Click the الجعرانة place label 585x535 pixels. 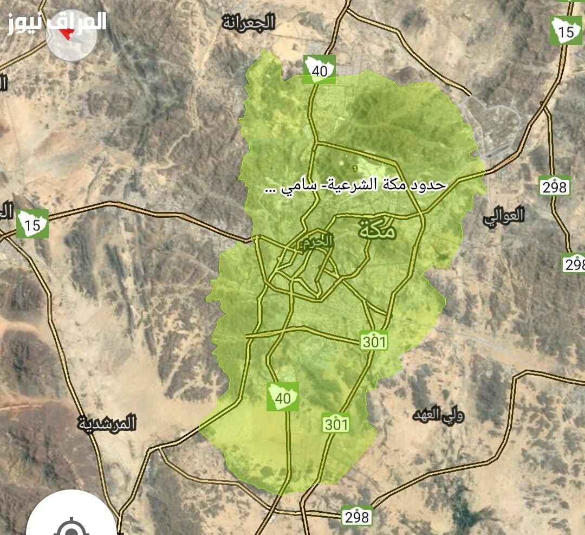point(249,22)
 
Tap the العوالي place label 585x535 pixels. point(504,215)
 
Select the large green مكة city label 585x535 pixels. point(377,230)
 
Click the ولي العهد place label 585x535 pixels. point(438,416)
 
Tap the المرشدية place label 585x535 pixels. point(107,423)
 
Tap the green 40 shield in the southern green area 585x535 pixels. point(282,396)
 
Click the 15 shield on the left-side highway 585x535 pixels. point(32,224)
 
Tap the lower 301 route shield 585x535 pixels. point(336,423)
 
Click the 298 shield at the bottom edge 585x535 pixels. point(356,516)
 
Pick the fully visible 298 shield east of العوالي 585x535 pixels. point(554,186)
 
